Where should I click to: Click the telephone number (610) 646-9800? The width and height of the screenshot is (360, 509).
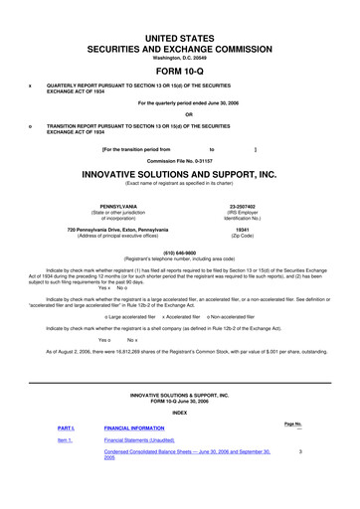point(181,251)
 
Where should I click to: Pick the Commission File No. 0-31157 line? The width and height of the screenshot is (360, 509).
point(181,161)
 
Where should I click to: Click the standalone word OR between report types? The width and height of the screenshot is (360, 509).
point(181,112)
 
